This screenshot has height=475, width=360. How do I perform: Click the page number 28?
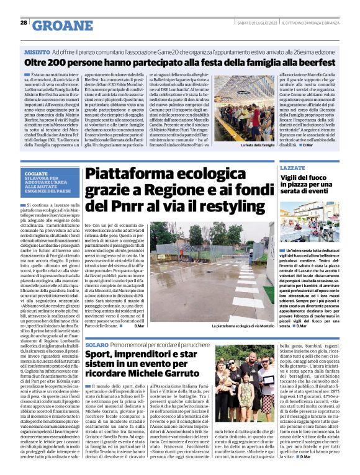(x=24, y=22)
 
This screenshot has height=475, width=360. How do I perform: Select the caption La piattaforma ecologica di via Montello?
(x=242, y=326)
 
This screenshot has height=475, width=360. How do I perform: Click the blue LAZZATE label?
(x=293, y=152)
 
